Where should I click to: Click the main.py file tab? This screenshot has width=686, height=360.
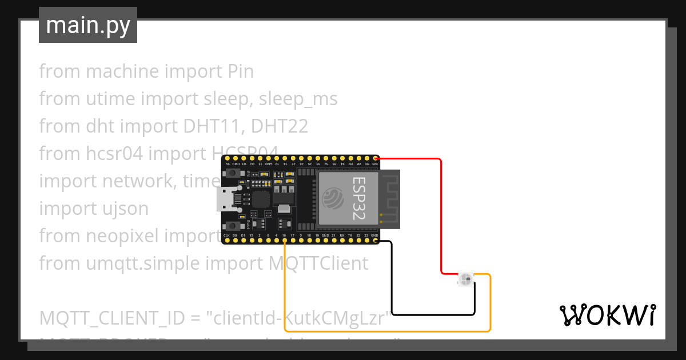tap(87, 25)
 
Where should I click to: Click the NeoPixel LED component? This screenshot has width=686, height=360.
tap(465, 279)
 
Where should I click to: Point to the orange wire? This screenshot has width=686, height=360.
tap(389, 331)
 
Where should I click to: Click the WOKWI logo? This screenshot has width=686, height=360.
tap(607, 315)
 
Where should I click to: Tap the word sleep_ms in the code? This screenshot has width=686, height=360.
tap(298, 99)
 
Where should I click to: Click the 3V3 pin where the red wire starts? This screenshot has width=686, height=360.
tap(375, 158)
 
